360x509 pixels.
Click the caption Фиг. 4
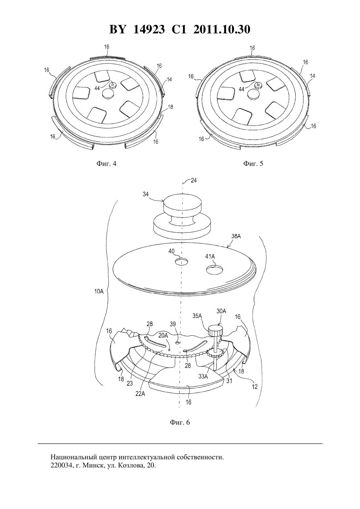click(106, 164)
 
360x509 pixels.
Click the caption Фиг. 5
click(253, 164)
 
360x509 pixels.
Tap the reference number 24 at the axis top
click(194, 181)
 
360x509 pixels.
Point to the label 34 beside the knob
click(146, 194)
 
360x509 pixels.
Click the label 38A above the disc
click(236, 236)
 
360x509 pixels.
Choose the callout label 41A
click(210, 256)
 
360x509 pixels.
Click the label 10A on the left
click(99, 291)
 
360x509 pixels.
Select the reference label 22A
click(140, 394)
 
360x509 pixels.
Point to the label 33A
click(203, 377)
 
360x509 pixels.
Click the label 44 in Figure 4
click(97, 88)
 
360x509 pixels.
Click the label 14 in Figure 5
click(313, 76)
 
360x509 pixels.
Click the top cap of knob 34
click(183, 203)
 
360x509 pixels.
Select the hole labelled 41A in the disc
click(214, 270)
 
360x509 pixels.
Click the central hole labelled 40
click(182, 262)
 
